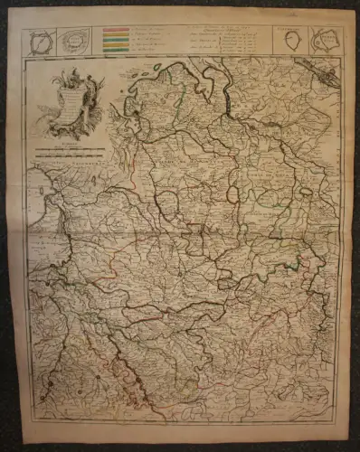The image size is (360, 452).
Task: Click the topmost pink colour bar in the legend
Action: click(115, 31)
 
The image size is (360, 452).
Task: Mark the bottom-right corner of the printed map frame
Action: click(338, 424)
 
